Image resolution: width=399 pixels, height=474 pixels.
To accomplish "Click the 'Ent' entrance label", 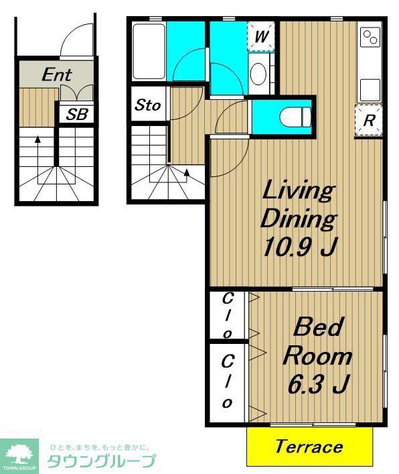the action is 57,74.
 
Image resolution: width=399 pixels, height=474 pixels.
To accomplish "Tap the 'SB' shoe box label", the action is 77,114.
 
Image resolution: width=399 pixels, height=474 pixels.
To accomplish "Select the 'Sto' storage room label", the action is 147,105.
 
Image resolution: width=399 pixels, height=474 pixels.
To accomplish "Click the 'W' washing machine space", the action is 261,37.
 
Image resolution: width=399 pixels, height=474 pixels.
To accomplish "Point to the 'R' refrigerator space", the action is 369,120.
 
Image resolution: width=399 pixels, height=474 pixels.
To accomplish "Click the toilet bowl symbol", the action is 295,117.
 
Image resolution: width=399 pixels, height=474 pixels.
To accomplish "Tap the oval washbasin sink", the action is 258,74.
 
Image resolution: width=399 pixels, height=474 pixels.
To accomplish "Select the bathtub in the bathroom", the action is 149,51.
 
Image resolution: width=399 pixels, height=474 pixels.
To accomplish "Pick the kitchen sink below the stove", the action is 370,89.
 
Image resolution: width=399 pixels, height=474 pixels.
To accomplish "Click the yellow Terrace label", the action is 309,447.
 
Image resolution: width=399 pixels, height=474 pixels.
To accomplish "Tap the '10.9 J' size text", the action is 299,247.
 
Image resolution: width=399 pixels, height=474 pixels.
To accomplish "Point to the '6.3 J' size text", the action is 319,384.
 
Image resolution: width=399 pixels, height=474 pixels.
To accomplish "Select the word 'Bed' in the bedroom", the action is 319,327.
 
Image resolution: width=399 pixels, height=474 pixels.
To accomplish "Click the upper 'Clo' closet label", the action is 227,316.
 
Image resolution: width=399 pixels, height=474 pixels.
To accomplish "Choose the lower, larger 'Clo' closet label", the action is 227,381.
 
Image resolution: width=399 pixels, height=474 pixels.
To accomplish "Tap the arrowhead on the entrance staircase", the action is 37,139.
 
